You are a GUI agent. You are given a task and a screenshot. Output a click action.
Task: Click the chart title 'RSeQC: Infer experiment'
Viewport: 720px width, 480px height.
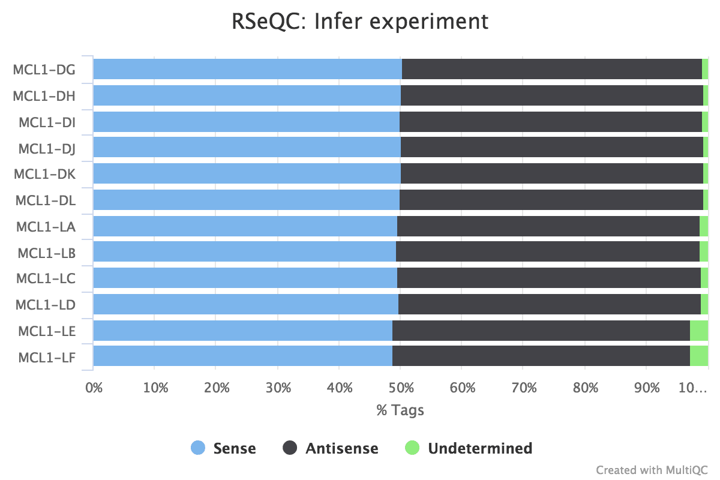[x=360, y=22]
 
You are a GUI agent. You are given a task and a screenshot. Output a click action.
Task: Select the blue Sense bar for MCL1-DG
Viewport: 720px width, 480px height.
[x=247, y=69]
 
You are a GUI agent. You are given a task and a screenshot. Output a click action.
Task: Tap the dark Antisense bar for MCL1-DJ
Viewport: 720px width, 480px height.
[x=551, y=147]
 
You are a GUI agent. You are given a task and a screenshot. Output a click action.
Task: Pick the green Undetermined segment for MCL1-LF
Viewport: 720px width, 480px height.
[x=698, y=356]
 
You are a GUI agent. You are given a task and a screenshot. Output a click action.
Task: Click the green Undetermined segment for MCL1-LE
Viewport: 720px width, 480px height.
[x=698, y=331]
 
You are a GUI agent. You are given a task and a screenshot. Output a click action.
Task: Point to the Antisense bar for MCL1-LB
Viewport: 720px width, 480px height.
[x=547, y=252]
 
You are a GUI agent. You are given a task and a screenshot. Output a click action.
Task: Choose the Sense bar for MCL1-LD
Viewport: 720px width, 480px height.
[x=245, y=304]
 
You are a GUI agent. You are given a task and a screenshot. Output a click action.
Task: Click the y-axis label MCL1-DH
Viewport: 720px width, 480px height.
[x=44, y=95]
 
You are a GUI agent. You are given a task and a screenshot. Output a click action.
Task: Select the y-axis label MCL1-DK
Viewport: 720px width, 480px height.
[x=44, y=174]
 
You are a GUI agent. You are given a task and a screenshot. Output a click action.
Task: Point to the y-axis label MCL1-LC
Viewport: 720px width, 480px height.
[x=46, y=278]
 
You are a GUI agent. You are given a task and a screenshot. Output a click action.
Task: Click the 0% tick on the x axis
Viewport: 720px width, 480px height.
[x=94, y=388]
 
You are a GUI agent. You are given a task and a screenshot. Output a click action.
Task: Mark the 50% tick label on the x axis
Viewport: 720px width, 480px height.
[x=401, y=388]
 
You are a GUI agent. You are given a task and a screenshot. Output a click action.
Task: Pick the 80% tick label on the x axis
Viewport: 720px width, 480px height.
[x=586, y=388]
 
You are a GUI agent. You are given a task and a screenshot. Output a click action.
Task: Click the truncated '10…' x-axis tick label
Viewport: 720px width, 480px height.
[x=692, y=388]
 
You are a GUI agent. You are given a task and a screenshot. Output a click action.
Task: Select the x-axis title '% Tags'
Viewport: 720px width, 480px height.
[x=400, y=410]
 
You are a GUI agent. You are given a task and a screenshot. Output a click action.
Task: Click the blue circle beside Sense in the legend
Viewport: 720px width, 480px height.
[x=198, y=448]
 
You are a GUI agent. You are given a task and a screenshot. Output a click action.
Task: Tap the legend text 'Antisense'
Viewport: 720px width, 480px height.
[x=342, y=448]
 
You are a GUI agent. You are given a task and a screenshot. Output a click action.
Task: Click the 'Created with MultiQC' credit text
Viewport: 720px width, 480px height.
[x=652, y=469]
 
